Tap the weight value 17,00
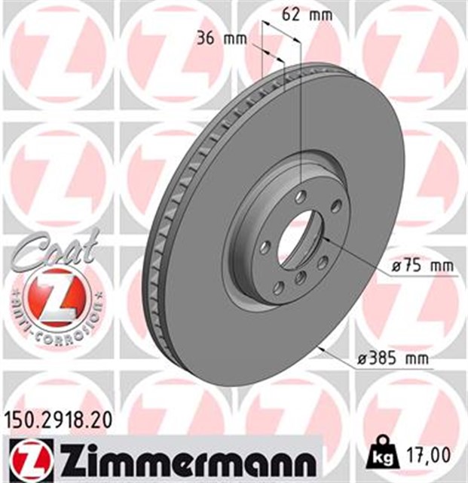(x=432, y=455)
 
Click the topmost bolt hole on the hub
(x=301, y=197)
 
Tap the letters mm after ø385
(x=415, y=359)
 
